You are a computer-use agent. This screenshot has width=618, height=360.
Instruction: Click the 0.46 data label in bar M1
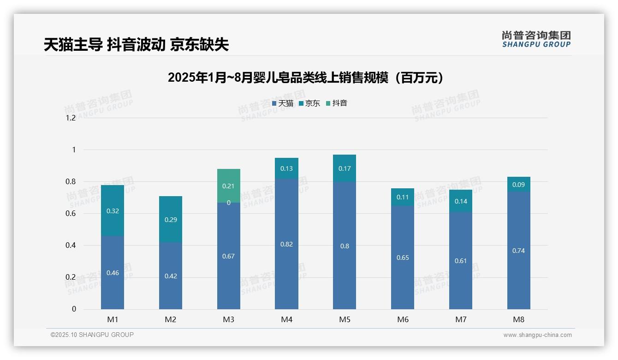[113, 273]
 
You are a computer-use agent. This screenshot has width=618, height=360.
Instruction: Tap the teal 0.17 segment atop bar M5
[345, 168]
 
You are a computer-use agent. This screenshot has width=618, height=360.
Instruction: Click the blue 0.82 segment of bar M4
[286, 244]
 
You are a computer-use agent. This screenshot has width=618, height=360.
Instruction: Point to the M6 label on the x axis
[403, 319]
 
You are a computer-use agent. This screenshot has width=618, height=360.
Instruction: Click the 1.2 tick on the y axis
[71, 118]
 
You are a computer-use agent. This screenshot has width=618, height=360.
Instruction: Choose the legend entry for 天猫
[283, 103]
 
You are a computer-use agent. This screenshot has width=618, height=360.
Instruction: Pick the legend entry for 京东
[309, 103]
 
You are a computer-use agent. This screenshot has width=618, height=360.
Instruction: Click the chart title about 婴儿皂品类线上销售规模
[305, 78]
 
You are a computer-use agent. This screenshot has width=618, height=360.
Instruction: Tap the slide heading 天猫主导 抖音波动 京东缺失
[137, 45]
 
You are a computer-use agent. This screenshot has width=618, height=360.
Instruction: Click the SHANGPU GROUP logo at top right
[536, 39]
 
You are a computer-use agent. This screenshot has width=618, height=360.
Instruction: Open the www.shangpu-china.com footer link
[537, 335]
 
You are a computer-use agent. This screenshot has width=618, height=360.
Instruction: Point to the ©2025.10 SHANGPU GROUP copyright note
[92, 335]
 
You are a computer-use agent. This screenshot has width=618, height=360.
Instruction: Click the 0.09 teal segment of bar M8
[519, 184]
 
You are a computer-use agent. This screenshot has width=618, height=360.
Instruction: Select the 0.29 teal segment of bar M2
[171, 219]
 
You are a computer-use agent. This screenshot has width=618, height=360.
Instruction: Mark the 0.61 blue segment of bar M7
[461, 261]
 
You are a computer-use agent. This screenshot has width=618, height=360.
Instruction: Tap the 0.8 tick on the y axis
[71, 181]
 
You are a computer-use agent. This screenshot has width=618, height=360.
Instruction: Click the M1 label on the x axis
[113, 319]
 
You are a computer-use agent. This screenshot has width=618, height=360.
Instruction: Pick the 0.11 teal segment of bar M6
[403, 197]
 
